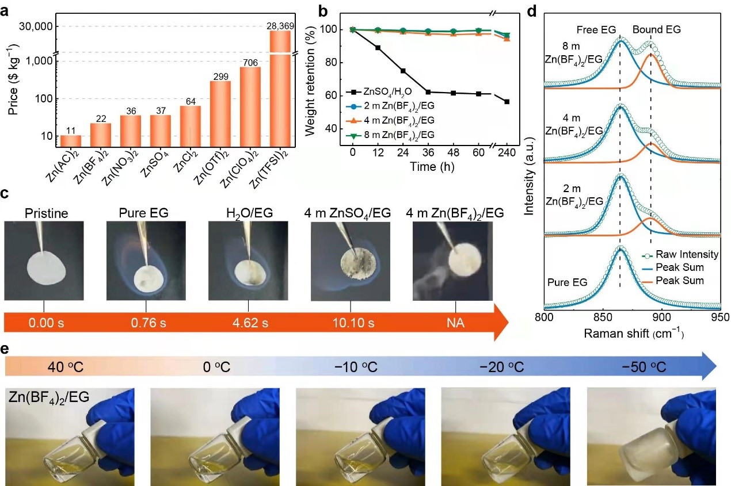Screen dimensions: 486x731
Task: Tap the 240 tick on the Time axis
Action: (507, 152)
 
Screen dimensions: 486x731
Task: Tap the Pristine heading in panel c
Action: (47, 214)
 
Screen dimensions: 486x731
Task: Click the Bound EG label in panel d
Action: (657, 29)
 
